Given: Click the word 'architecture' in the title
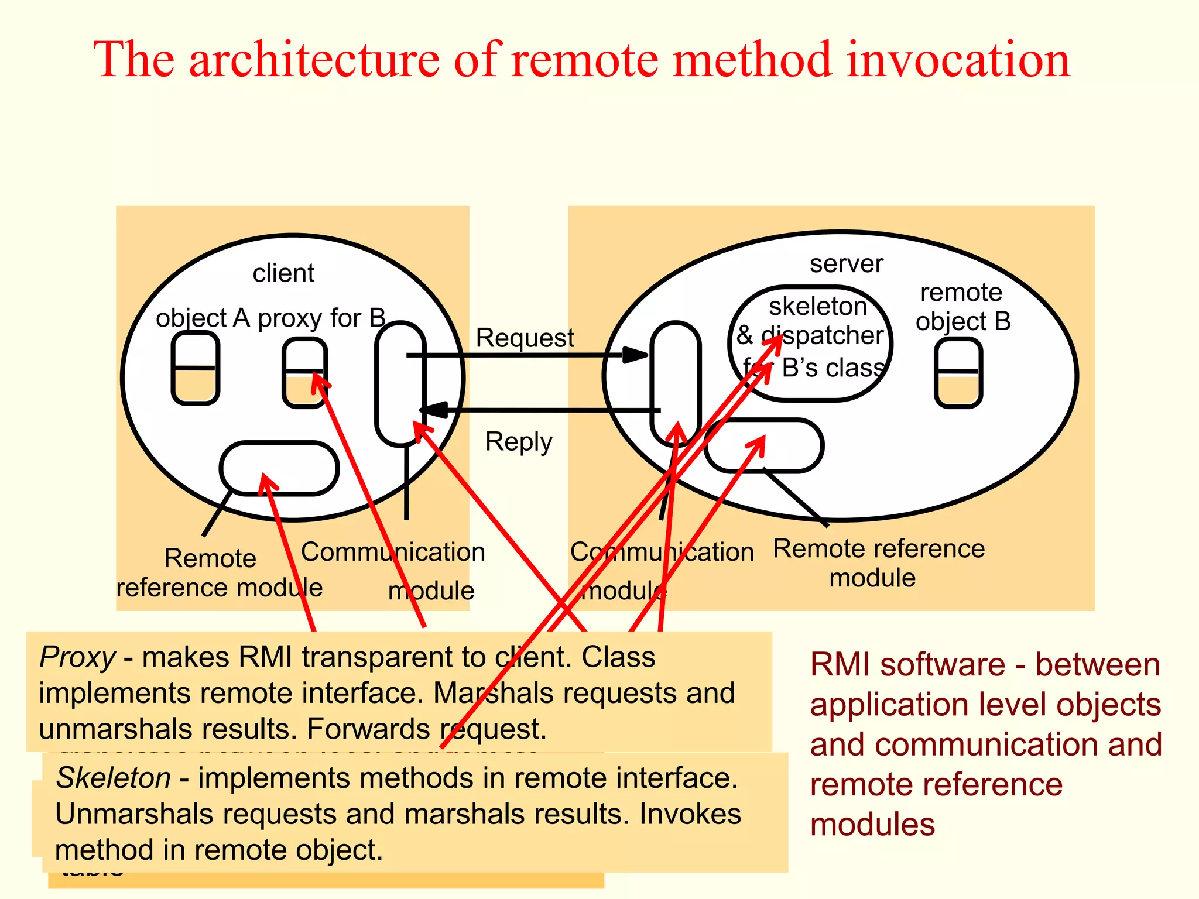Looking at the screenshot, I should pos(314,60).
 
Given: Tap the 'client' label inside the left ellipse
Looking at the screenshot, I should pos(283,273).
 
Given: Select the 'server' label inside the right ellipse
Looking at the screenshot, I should pos(846,264).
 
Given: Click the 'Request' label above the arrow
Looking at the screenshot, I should pos(525,338).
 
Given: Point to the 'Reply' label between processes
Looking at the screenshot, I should pos(519,441).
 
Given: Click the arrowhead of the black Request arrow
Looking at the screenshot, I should pos(636,355).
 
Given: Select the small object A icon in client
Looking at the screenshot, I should pos(196,368).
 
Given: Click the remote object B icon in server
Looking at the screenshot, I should pos(958,373).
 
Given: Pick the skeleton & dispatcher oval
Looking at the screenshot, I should pos(811,343).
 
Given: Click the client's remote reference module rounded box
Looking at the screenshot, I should pos(279,468).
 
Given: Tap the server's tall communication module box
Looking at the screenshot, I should pos(675,383).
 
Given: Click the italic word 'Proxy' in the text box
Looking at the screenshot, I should pos(77,657).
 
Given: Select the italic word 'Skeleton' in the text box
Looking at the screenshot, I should pos(114,778).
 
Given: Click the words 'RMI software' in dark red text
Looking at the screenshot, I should pos(907,665).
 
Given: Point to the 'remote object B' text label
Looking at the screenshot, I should pos(962,307).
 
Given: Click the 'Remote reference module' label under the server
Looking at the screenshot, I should pos(878,563).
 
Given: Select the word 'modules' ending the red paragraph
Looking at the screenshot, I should pos(872,825).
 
